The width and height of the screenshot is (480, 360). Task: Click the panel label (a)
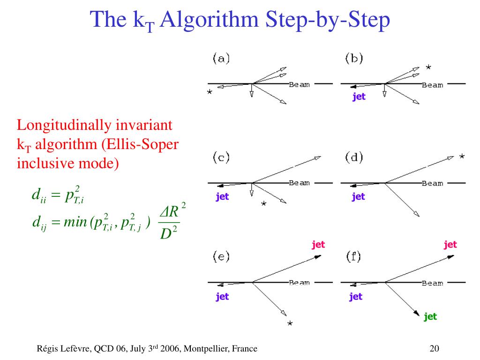[x=221, y=59]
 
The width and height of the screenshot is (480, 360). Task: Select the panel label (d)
[x=354, y=157]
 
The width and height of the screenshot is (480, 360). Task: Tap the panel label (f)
[x=354, y=256]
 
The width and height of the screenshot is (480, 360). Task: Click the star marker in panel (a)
[x=210, y=92]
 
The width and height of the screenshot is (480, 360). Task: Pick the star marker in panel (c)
[x=264, y=203]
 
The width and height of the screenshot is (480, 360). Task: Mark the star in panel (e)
[x=290, y=323]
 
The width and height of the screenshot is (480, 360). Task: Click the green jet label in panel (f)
[x=430, y=316]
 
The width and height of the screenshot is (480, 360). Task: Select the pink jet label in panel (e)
[x=318, y=244]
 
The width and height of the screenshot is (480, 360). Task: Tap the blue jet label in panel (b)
[x=359, y=97]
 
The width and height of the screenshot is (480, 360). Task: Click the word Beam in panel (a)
[x=299, y=84]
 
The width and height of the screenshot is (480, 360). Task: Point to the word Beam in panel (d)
[x=432, y=183]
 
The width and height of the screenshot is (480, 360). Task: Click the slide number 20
[x=434, y=348]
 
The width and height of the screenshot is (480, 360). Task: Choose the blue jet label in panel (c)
[x=222, y=196]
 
